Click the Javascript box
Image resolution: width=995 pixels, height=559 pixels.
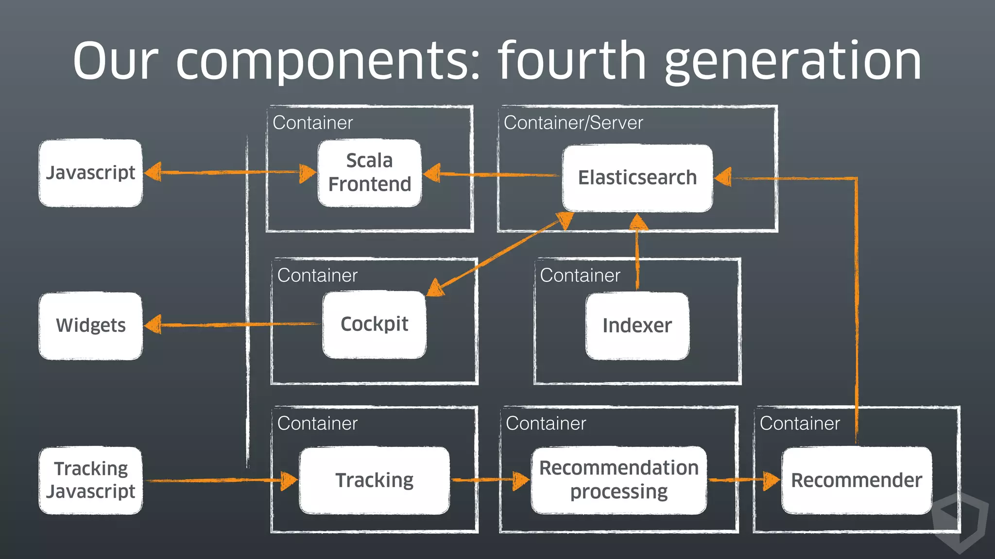pos(91,173)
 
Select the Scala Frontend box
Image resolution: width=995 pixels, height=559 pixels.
pos(370,173)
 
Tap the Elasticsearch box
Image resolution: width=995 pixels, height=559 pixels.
pos(637,178)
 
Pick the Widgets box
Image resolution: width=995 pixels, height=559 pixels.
pos(91,326)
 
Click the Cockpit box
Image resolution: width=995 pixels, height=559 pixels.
pos(374,325)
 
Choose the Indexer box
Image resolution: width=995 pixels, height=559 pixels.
pos(637,326)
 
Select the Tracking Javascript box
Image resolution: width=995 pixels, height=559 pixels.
pos(91,480)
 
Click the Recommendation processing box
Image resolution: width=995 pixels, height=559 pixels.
pos(618,480)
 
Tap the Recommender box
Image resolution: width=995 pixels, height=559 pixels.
pos(857,480)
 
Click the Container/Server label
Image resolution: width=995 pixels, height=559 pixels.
pos(573,123)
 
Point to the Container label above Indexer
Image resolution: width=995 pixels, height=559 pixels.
pos(580,276)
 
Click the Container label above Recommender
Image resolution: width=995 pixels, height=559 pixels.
pos(800,424)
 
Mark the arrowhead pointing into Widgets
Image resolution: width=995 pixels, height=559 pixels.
pos(154,325)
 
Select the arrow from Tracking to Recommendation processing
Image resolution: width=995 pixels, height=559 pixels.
pos(488,480)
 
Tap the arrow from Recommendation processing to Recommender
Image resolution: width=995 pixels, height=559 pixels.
pos(743,480)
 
